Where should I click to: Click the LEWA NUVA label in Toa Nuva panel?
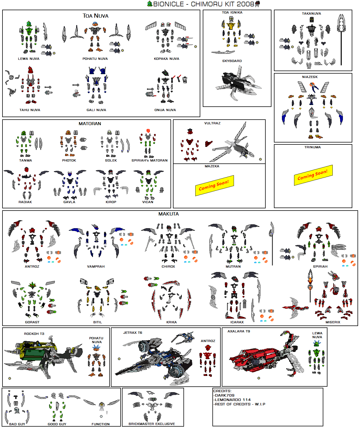coord(29,59)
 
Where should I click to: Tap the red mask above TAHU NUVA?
coord(30,70)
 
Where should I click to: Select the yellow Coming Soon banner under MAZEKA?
coord(214,185)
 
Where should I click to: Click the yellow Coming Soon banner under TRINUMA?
coord(313,175)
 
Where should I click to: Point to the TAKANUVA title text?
coord(311,14)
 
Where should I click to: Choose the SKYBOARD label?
coord(232,61)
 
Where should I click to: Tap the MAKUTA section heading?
coord(169,214)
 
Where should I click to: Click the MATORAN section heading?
coord(90,124)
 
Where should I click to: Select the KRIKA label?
coord(171,322)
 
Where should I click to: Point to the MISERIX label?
coord(333,322)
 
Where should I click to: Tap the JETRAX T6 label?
coord(133,333)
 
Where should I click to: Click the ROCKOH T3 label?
coord(34,334)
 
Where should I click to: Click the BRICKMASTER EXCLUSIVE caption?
coord(152,424)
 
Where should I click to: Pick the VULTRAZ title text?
coord(212,123)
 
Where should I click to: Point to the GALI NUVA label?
coord(96,110)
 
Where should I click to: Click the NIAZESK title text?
coord(310,77)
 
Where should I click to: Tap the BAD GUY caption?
coord(17,424)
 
